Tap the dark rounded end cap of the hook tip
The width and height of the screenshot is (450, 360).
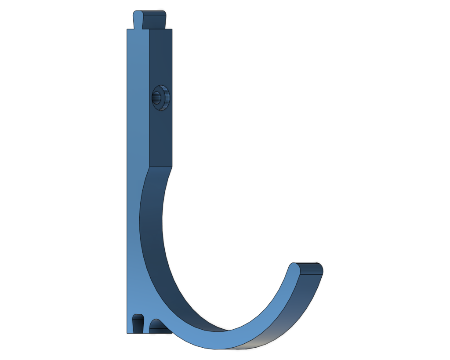[312, 268]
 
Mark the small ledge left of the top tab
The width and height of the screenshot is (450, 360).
[130, 29]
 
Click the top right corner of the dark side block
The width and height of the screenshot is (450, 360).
[171, 29]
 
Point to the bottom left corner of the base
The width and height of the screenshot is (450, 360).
[127, 333]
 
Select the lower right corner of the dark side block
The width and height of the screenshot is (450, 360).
[171, 166]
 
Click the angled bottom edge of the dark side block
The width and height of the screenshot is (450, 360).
[161, 167]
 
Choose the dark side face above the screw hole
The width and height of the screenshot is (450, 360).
[160, 57]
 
